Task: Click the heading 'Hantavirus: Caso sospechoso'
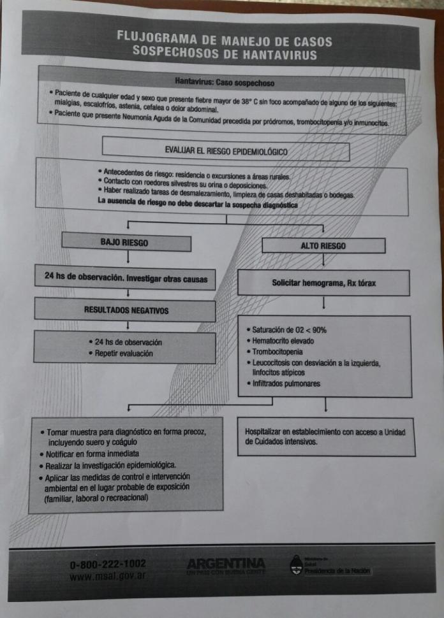point(225,82)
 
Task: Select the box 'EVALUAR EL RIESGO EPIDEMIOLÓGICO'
point(226,152)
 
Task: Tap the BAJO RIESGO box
point(126,243)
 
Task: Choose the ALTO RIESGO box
point(323,245)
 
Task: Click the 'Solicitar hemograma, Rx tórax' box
point(323,283)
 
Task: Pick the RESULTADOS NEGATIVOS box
point(125,310)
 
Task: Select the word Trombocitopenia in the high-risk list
point(277,352)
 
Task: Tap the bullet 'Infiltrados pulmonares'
point(286,384)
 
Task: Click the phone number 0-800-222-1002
point(108,564)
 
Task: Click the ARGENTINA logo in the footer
point(226,564)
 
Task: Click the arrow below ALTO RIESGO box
point(324,260)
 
